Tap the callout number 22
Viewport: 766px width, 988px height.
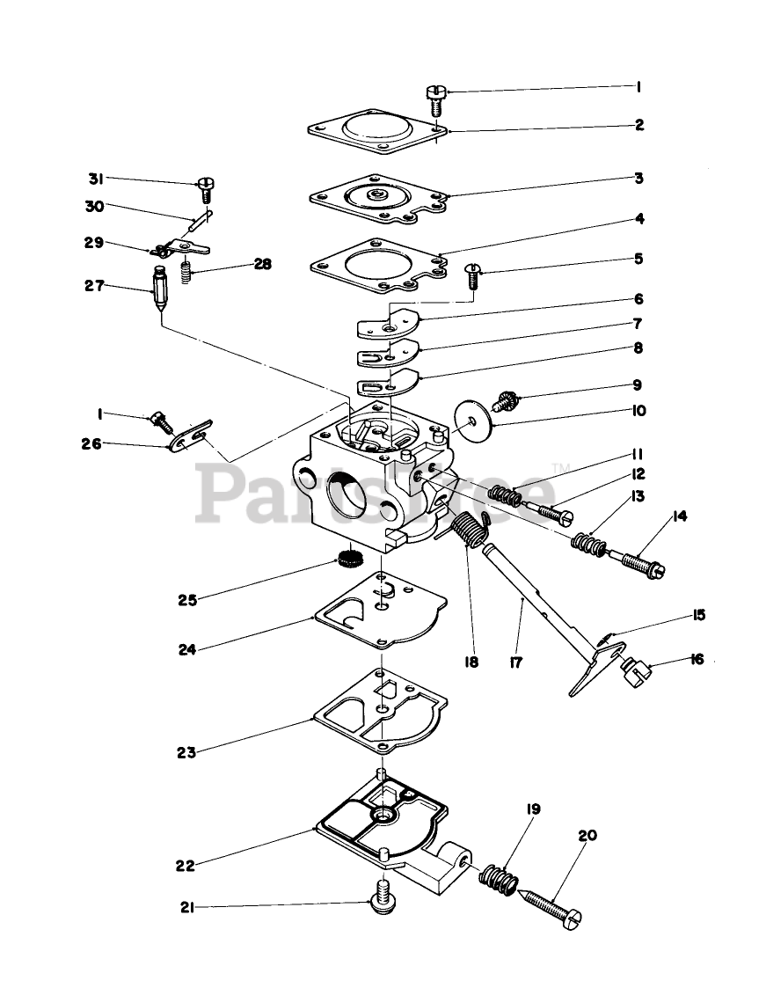[x=184, y=865]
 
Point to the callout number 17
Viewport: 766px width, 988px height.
[x=516, y=662]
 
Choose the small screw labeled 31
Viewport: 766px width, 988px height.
[x=206, y=187]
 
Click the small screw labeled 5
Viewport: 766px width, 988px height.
[x=472, y=275]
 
